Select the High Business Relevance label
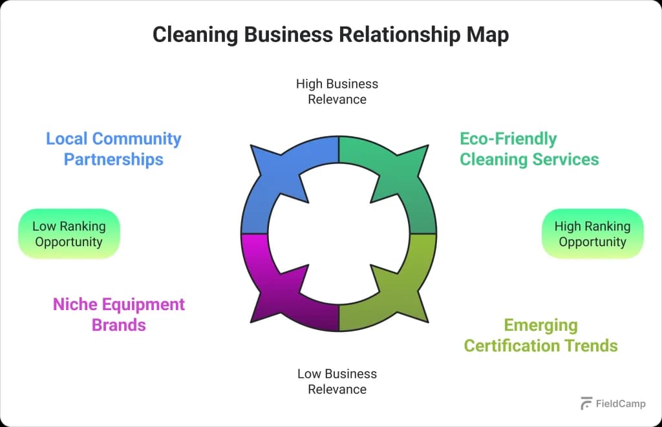click(337, 92)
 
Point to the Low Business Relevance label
click(337, 381)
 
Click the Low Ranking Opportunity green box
click(69, 234)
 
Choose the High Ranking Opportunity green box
click(592, 234)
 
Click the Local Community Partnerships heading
click(113, 149)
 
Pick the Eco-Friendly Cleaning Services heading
click(529, 149)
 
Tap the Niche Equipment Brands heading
click(119, 314)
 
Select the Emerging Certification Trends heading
click(540, 335)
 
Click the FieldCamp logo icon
click(586, 403)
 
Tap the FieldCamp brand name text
click(621, 404)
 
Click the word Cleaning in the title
click(195, 35)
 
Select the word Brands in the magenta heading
click(119, 324)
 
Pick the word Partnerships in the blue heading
click(113, 159)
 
